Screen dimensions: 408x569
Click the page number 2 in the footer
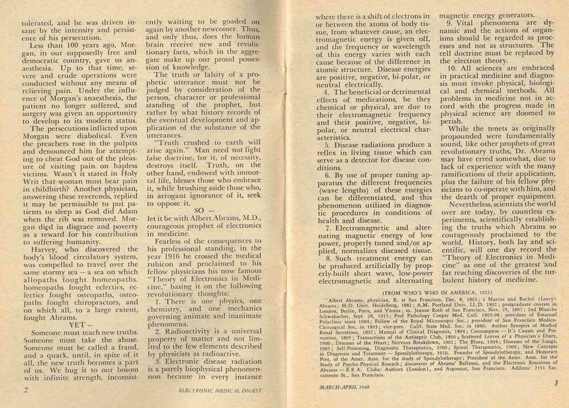[26, 389]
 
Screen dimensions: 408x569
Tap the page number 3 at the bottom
[555, 383]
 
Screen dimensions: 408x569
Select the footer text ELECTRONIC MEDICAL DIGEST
[220, 390]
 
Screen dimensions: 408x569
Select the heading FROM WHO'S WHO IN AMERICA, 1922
[437, 292]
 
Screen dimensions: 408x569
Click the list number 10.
[452, 68]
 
